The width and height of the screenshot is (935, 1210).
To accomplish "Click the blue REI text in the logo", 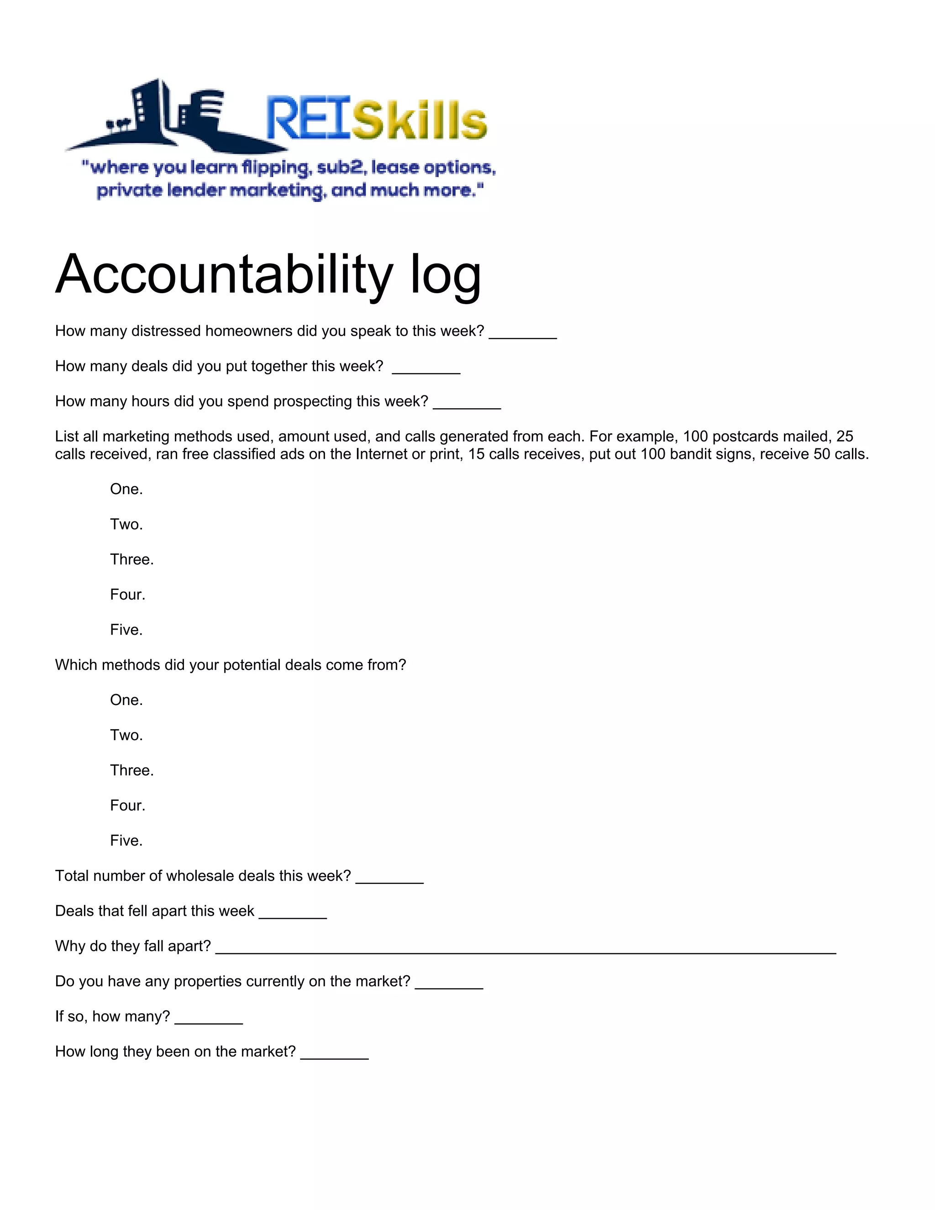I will tap(308, 118).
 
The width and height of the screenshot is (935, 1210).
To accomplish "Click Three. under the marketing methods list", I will tap(132, 560).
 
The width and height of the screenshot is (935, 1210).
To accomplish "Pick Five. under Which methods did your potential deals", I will tap(126, 841).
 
